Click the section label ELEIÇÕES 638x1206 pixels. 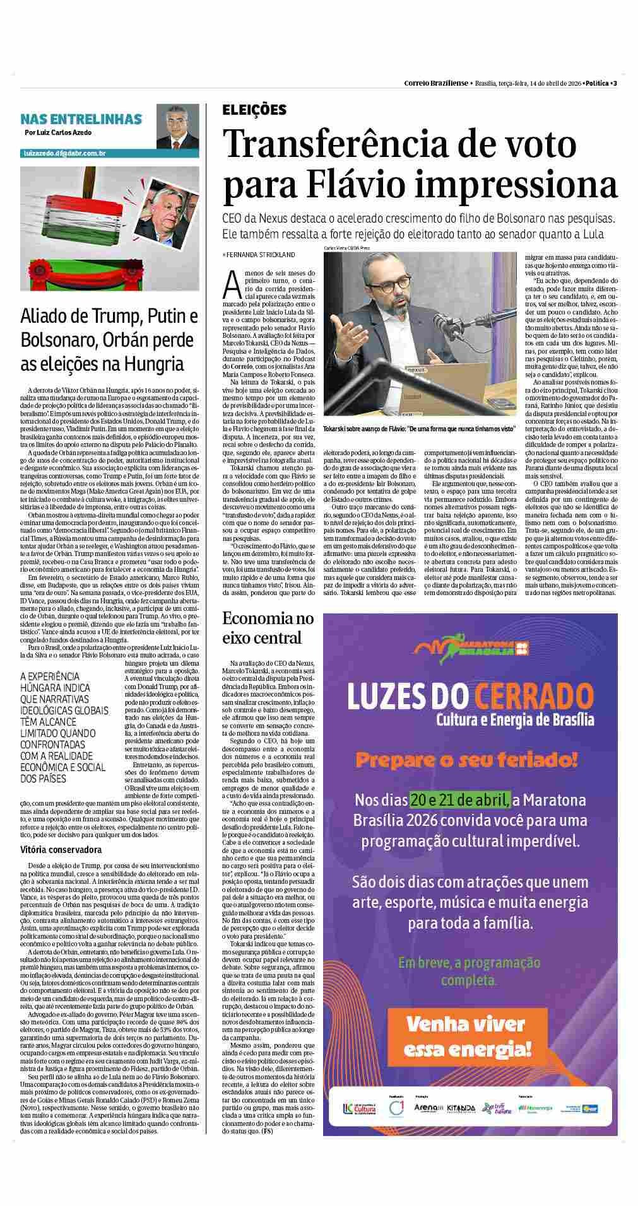tap(254, 110)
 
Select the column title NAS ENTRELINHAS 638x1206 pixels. tap(81, 119)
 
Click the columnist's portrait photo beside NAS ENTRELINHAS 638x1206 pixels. tap(178, 127)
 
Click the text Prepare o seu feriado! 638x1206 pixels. tap(467, 760)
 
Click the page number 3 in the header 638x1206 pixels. tap(615, 83)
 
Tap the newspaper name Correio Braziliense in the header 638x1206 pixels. tap(436, 83)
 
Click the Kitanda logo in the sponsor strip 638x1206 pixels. tap(461, 1108)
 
